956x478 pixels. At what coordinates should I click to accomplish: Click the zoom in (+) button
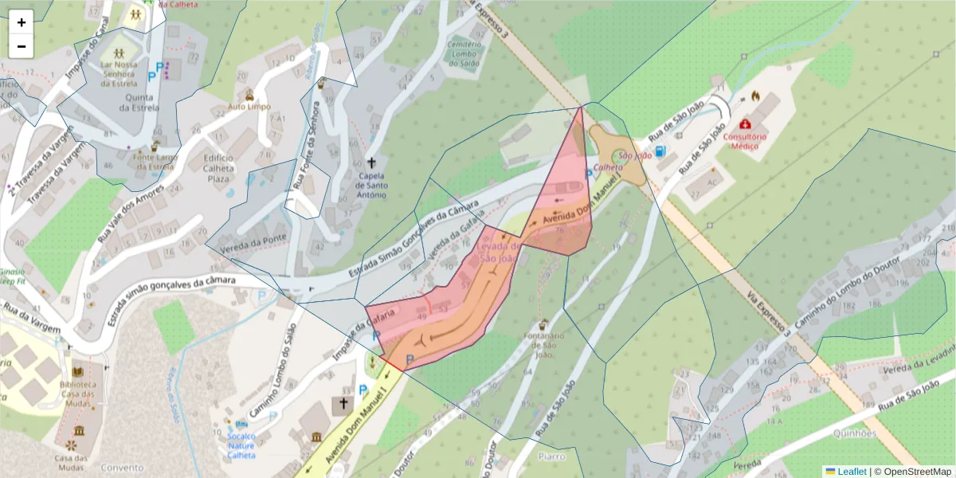(x=22, y=22)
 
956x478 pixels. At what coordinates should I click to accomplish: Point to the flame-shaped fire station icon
(x=755, y=96)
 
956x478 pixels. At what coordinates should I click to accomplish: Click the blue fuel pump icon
(x=660, y=151)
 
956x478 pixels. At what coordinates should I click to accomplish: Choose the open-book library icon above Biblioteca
(x=78, y=371)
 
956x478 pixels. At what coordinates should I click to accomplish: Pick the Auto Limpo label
(x=249, y=107)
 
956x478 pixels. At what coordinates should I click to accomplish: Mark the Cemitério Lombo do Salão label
(x=465, y=53)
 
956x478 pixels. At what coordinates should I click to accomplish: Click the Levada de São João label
(x=499, y=252)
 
